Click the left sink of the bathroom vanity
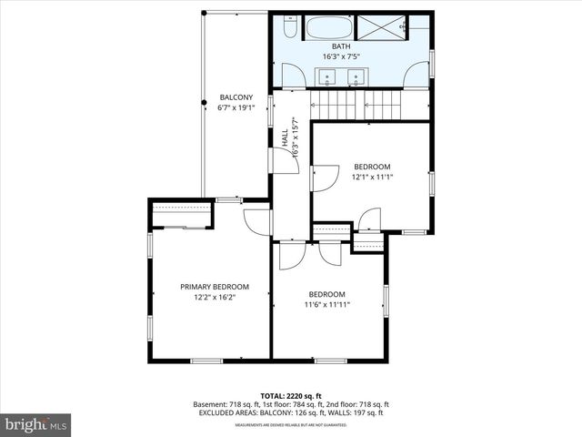(329, 76)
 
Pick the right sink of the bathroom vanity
(356, 76)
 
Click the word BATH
(340, 46)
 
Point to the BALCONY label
(236, 97)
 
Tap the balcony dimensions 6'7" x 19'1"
(236, 107)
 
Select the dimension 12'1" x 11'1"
(372, 177)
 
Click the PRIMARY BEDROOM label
(214, 287)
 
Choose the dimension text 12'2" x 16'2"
(214, 298)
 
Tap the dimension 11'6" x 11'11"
(326, 304)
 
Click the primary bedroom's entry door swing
(257, 221)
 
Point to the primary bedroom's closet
(183, 216)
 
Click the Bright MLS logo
(36, 424)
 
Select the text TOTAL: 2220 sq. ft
(291, 396)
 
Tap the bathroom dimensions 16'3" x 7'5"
(340, 56)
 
